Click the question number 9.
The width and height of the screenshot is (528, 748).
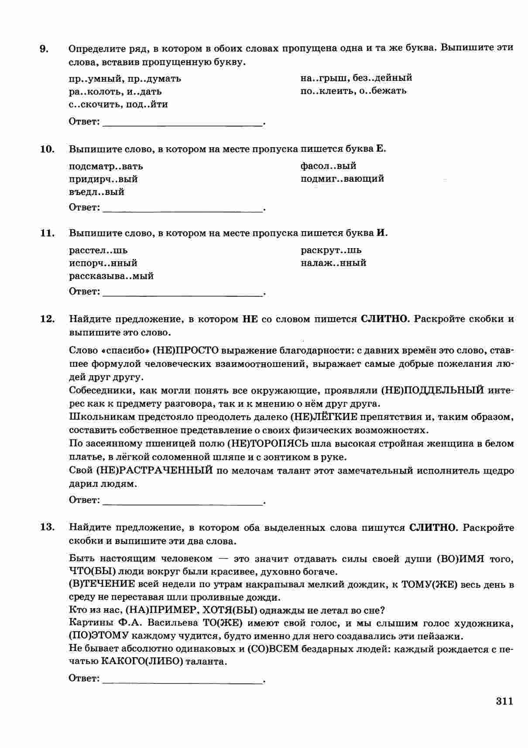(44, 48)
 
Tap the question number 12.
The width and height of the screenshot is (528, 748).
(47, 319)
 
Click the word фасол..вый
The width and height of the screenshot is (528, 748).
(328, 166)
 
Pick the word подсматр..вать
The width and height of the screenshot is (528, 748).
(106, 166)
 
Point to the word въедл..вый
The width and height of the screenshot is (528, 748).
(96, 192)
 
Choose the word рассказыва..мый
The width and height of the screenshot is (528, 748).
(111, 276)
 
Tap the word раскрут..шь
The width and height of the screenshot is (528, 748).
(331, 250)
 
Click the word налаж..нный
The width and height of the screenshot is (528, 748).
(333, 263)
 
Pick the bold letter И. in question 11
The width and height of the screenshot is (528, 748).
(382, 233)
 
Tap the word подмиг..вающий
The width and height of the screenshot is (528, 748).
(342, 179)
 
